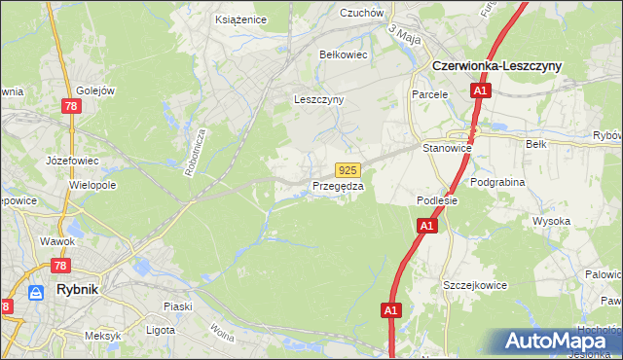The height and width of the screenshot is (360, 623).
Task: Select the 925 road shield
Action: pos(351,169)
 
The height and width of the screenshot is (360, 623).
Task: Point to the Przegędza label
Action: pos(338,186)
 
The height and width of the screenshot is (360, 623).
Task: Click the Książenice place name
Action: pos(240,18)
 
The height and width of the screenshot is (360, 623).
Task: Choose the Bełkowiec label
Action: pos(344,54)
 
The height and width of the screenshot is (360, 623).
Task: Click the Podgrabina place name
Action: pos(497,182)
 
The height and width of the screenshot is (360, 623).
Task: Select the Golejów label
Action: pos(94,90)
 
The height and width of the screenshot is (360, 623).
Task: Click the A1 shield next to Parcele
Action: pos(480,91)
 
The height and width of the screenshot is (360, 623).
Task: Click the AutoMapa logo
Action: pos(560,342)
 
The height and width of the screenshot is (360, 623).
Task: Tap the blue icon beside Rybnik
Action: pos(37,292)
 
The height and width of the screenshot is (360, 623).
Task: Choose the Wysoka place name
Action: pos(551,221)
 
